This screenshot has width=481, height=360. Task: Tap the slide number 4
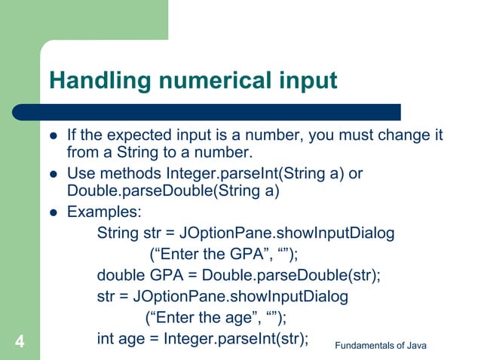20,343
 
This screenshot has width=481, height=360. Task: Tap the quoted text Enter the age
199,317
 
